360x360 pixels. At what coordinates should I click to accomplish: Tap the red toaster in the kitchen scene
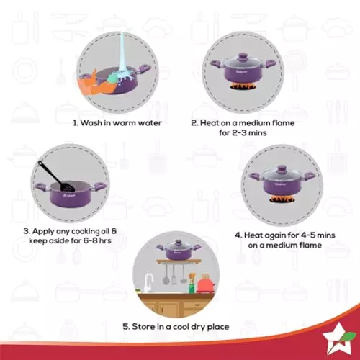[x=206, y=285]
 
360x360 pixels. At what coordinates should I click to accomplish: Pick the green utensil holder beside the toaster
[x=192, y=286]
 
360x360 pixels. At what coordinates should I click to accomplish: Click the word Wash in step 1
[x=93, y=123]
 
